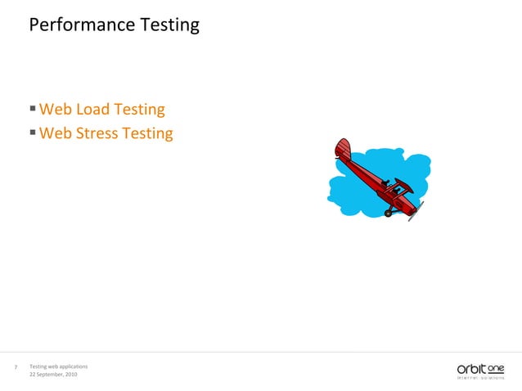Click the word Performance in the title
76,25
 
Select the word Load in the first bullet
93,110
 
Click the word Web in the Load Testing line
56,110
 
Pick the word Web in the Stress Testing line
56,133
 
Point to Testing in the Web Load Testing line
139,110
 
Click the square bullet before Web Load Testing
32,108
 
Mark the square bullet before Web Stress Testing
32,132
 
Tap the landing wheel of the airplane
389,213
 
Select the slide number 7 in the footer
16,368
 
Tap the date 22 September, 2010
53,374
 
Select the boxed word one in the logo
496,366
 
